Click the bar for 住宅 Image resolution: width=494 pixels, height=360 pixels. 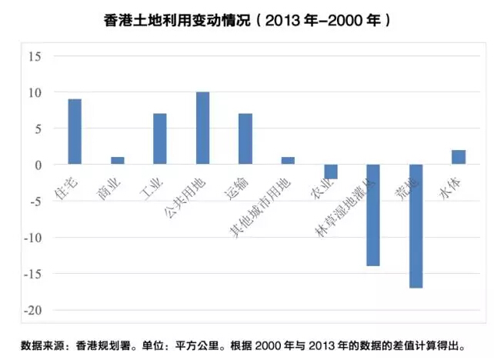[75, 132]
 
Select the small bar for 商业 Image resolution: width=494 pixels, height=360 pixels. [117, 161]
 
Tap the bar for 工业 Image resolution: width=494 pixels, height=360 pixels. [160, 139]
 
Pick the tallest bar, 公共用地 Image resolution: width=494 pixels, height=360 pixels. [202, 128]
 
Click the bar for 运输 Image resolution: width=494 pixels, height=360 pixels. [245, 139]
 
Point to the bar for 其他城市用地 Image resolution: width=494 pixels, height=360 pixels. [288, 161]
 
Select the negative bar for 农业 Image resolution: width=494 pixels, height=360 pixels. [331, 172]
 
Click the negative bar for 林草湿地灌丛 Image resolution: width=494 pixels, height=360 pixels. [373, 215]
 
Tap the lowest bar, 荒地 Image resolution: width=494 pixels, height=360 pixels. [416, 226]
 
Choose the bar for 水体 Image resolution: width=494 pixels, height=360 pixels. [459, 157]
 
